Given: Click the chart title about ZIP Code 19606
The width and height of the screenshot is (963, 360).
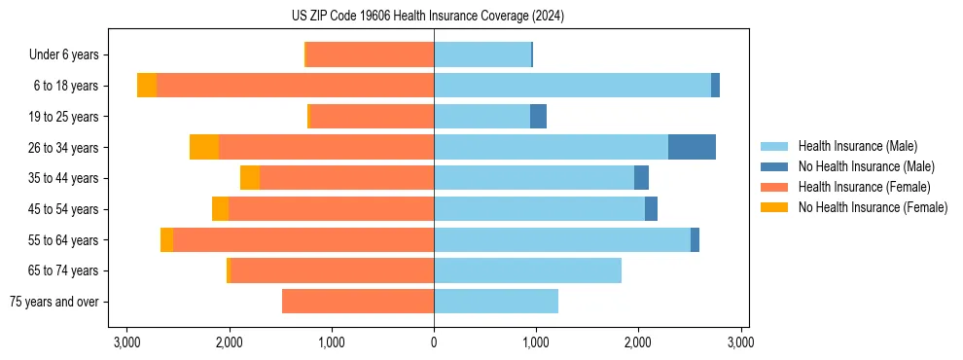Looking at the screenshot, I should (x=427, y=17).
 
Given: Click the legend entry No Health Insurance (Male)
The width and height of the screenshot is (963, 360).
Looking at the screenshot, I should (x=866, y=166).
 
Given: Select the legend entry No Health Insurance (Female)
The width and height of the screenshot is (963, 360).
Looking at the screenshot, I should (x=872, y=207).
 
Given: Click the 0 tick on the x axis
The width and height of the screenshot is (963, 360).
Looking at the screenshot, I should (x=434, y=342).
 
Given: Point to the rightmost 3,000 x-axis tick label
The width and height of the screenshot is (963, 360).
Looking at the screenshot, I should (x=740, y=342).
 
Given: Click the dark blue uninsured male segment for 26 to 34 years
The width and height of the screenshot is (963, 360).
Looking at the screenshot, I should (x=692, y=147).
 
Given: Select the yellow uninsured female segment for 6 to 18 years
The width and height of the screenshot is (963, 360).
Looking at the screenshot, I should (x=147, y=86).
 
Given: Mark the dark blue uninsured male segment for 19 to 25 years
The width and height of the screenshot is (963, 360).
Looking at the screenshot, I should (x=538, y=117).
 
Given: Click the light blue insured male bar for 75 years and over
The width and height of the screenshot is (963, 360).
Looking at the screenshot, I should (x=496, y=302).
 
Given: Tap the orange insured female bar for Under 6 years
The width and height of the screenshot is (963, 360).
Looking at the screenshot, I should (x=370, y=55).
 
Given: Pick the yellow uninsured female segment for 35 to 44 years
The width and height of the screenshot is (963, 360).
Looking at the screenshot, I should (x=250, y=178).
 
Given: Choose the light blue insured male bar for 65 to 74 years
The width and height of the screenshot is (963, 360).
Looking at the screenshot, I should (x=527, y=270).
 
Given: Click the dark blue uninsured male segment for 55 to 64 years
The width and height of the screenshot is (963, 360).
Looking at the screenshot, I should (x=695, y=240).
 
